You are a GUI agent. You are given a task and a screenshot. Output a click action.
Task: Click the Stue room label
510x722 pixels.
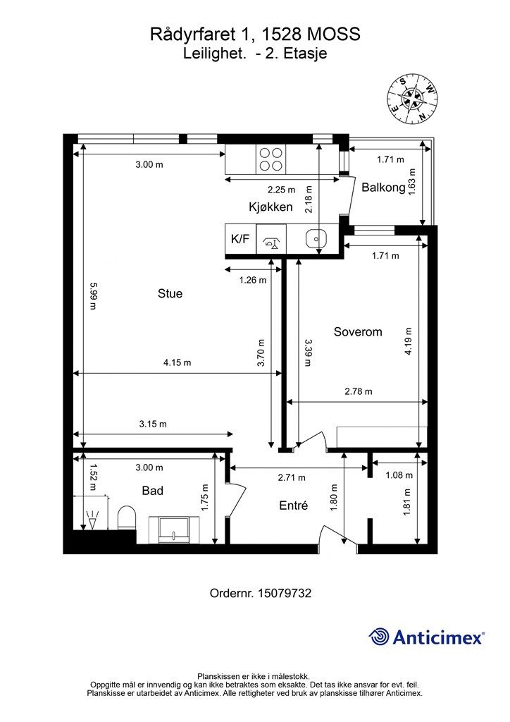click(x=170, y=294)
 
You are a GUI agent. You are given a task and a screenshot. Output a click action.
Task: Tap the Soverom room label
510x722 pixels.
click(x=358, y=332)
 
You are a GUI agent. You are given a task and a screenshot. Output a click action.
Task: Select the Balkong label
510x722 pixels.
click(x=383, y=188)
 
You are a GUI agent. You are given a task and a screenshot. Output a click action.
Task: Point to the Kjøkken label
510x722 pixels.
click(x=270, y=207)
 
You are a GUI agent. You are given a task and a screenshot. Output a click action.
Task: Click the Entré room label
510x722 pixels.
click(x=294, y=506)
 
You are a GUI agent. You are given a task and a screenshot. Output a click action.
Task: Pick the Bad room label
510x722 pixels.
click(x=152, y=491)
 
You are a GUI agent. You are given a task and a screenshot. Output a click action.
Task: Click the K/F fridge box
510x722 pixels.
click(x=240, y=239)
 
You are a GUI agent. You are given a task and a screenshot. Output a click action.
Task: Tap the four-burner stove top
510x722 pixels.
click(x=271, y=159)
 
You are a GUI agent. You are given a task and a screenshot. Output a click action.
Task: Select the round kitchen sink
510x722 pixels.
click(x=316, y=238)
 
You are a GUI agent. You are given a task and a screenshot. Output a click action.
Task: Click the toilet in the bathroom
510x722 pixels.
click(x=127, y=518)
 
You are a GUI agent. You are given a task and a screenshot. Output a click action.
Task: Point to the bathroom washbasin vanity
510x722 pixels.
click(x=174, y=530)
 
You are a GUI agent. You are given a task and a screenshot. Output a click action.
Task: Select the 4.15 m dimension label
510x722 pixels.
click(x=177, y=363)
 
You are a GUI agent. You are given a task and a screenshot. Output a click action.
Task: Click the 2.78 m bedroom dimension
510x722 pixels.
click(x=359, y=392)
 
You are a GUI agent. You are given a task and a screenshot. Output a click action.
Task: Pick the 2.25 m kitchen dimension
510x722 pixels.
click(x=282, y=190)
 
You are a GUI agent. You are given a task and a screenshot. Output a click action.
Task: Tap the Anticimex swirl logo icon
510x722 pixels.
click(x=379, y=637)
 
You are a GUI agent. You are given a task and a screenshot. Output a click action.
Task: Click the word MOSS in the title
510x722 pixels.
click(x=333, y=34)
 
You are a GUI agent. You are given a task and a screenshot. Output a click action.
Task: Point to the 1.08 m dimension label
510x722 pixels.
click(x=399, y=475)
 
